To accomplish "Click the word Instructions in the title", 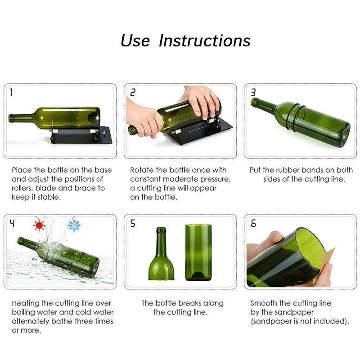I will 205,40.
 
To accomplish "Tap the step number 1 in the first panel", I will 11,93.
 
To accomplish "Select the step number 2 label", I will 133,93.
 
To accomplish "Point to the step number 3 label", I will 253,93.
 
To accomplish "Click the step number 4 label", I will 12,223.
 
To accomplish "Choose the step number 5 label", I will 133,223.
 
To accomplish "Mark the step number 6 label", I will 253,223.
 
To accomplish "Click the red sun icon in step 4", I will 40,225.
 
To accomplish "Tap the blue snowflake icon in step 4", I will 73,225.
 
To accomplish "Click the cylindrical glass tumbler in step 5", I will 198,252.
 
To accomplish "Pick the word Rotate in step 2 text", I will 142,170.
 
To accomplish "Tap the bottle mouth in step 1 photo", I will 11,119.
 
